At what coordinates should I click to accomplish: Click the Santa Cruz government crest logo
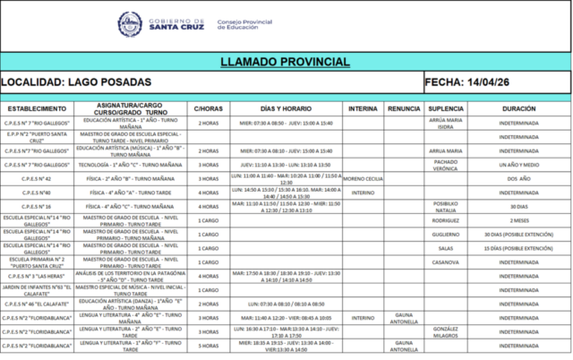pos(129,22)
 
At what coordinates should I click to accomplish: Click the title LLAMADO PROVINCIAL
pos(286,62)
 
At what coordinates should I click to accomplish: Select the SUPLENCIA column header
pos(446,107)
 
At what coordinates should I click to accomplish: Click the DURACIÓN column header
pos(520,107)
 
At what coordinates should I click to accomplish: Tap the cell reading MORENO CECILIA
pos(363,178)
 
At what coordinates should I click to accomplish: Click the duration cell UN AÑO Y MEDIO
pos(520,165)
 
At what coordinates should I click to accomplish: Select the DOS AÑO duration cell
pos(520,178)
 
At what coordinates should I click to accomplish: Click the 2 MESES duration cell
pos(520,219)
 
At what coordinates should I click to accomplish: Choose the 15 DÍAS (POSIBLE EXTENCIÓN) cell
pos(520,247)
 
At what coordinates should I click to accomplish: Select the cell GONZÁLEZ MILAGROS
pos(446,330)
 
